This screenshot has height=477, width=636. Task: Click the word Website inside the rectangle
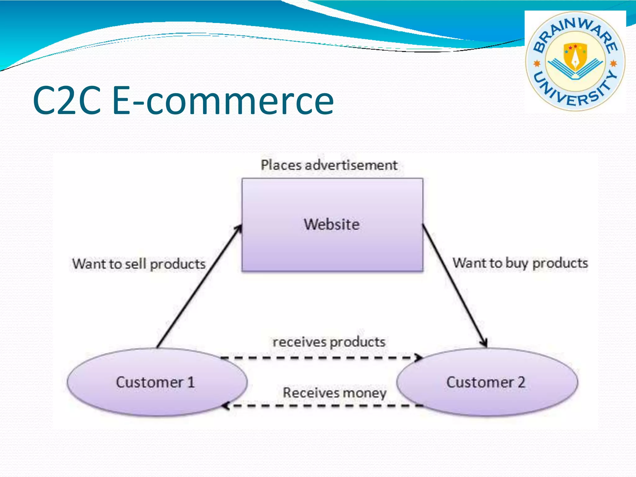click(332, 224)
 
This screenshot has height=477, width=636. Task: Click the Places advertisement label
click(329, 165)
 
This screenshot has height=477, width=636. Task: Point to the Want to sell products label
click(139, 264)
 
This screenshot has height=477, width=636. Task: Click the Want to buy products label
click(520, 263)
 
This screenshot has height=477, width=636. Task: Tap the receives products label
click(329, 342)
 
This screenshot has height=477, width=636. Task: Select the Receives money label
click(334, 393)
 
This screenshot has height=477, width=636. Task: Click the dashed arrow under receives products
click(320, 358)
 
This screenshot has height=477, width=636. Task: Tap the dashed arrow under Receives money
click(323, 406)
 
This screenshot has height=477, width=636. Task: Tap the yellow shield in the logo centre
click(575, 56)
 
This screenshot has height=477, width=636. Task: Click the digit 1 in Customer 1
click(191, 382)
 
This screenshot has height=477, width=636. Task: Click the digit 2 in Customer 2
click(521, 382)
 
